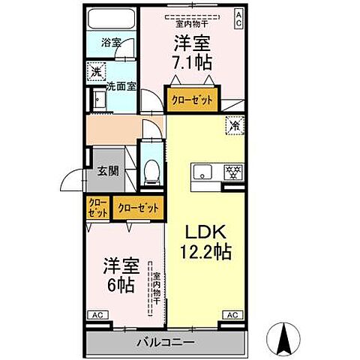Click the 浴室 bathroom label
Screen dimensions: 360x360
pos(112,43)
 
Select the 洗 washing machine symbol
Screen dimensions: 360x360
pos(97,72)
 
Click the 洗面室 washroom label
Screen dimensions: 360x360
pos(120,86)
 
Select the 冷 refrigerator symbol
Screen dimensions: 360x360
pos(233,126)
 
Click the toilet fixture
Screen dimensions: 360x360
pos(152,171)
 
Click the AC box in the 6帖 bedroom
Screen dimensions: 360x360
pos(97,315)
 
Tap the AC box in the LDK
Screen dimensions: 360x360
pos(232,315)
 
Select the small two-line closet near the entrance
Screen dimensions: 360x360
pos(97,208)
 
